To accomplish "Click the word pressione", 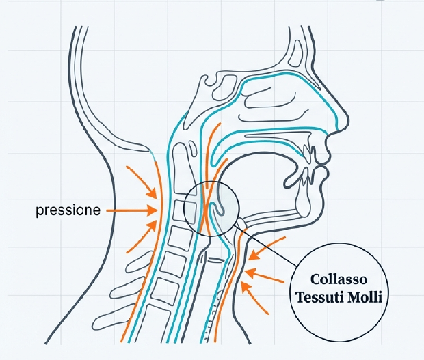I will click(67, 210).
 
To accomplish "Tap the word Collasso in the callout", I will click(339, 280).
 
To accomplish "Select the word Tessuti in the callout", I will click(322, 297).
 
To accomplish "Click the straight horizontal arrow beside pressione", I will click(130, 211).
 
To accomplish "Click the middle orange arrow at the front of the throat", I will click(267, 276).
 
